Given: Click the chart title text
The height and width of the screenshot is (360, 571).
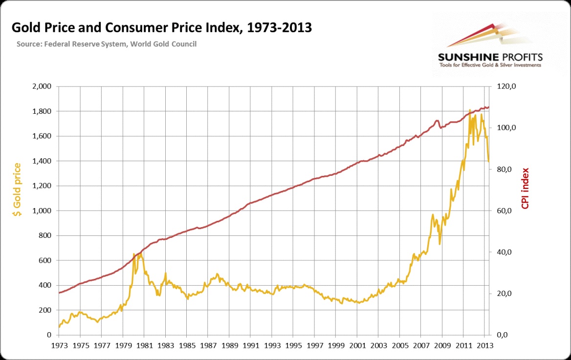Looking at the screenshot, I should [x=161, y=28].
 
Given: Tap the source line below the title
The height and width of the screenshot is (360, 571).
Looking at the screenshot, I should [x=106, y=44].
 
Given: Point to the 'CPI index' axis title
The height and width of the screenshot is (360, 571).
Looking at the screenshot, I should [x=526, y=189].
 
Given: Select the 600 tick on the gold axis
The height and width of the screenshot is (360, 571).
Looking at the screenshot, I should [x=45, y=260].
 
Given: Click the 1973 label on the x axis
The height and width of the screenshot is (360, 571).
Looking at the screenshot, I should [x=59, y=344].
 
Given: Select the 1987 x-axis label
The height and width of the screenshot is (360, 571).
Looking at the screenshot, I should [x=208, y=344].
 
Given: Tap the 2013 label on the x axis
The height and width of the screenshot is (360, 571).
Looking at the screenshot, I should [x=485, y=344].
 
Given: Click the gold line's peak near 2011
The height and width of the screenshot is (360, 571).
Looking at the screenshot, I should [x=470, y=110].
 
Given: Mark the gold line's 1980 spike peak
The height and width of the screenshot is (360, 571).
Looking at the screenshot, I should [x=134, y=254].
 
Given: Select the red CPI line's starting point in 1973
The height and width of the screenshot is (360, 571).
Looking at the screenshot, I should [x=59, y=293].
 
